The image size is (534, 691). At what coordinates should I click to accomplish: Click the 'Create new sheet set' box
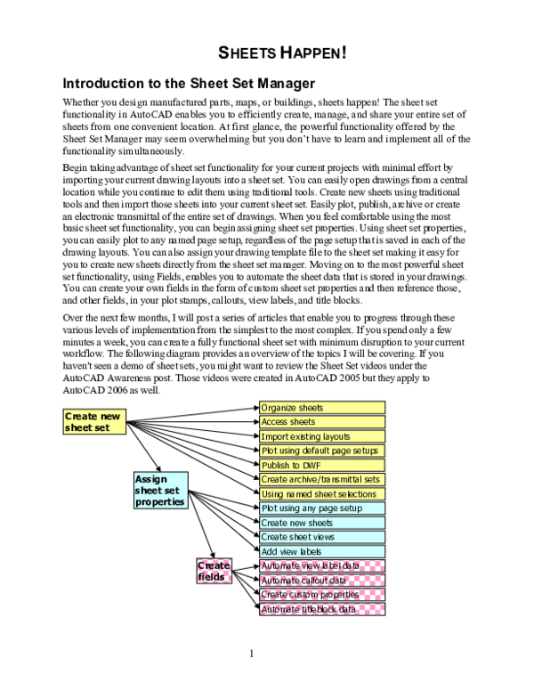tap(94, 422)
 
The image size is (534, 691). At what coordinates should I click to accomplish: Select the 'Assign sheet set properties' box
tap(161, 491)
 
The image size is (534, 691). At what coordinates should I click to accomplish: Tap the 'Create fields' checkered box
tap(214, 571)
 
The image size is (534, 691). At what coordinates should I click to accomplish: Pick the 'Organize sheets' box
tap(322, 408)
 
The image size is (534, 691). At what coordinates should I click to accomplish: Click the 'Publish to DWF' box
tap(322, 466)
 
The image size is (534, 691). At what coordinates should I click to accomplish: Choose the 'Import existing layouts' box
tap(322, 436)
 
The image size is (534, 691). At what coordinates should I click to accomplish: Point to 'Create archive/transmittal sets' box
tap(322, 479)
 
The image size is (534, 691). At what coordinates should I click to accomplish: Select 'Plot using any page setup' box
tap(322, 508)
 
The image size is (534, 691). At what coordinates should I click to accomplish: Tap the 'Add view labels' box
tap(322, 552)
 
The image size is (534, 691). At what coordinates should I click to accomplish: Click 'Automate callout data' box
tap(322, 581)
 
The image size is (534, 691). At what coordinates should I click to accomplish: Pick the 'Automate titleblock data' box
tap(322, 609)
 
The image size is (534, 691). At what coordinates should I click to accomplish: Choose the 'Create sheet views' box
tap(322, 537)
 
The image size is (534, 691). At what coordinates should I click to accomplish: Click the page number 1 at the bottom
tap(252, 654)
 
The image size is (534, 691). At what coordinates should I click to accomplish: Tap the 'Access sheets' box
tap(322, 422)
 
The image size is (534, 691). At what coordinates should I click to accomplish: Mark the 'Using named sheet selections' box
tap(322, 494)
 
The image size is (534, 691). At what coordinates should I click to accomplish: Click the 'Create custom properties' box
tap(322, 595)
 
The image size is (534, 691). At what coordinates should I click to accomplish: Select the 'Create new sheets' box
tap(322, 523)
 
